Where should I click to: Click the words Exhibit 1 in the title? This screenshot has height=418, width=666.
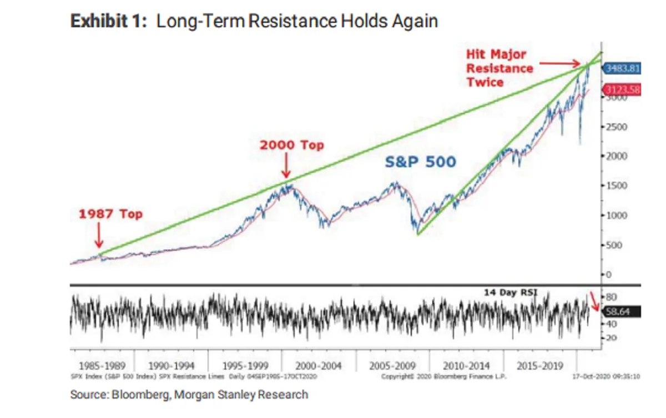click(109, 22)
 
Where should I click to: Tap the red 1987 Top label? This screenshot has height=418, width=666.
click(110, 214)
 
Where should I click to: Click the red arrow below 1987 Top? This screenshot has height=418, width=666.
click(98, 236)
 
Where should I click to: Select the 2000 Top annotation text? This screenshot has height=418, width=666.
click(292, 145)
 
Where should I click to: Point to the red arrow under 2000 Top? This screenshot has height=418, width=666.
click(286, 167)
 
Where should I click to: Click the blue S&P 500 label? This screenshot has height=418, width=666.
click(421, 162)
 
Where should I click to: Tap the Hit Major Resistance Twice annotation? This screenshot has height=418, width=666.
click(500, 68)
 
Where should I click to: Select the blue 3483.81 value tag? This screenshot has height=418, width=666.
click(622, 69)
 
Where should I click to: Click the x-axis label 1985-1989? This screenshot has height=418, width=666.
click(102, 366)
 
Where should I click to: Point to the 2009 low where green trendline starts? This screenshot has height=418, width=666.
click(417, 234)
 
